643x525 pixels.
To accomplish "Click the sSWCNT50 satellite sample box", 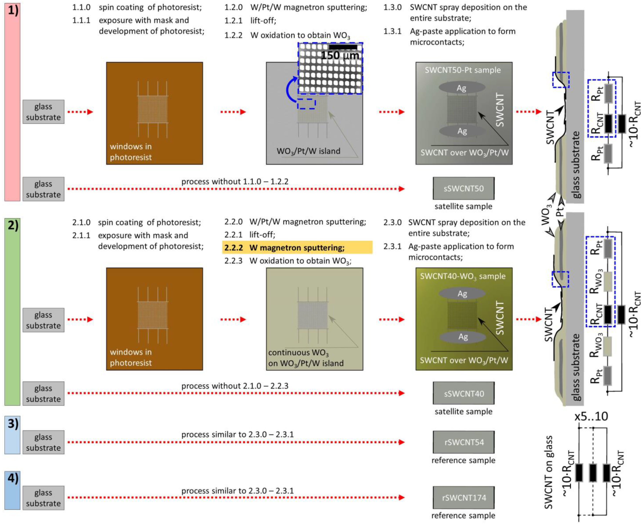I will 463,188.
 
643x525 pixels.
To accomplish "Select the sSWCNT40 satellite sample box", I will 463,393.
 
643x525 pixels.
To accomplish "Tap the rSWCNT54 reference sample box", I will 463,442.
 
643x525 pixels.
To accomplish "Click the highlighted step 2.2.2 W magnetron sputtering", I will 297,247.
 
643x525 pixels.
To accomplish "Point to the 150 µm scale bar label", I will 340,55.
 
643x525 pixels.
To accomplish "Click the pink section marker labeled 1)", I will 12,102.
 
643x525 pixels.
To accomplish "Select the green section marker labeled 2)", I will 12,312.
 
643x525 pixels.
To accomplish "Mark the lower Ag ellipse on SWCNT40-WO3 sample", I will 462,337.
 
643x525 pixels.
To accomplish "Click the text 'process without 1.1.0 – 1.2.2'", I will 235,181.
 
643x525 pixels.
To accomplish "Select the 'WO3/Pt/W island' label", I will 308,151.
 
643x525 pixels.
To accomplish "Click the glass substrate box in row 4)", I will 43,498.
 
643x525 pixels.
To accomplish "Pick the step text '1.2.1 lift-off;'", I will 250,21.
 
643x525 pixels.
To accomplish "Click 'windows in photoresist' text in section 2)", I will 131,357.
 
